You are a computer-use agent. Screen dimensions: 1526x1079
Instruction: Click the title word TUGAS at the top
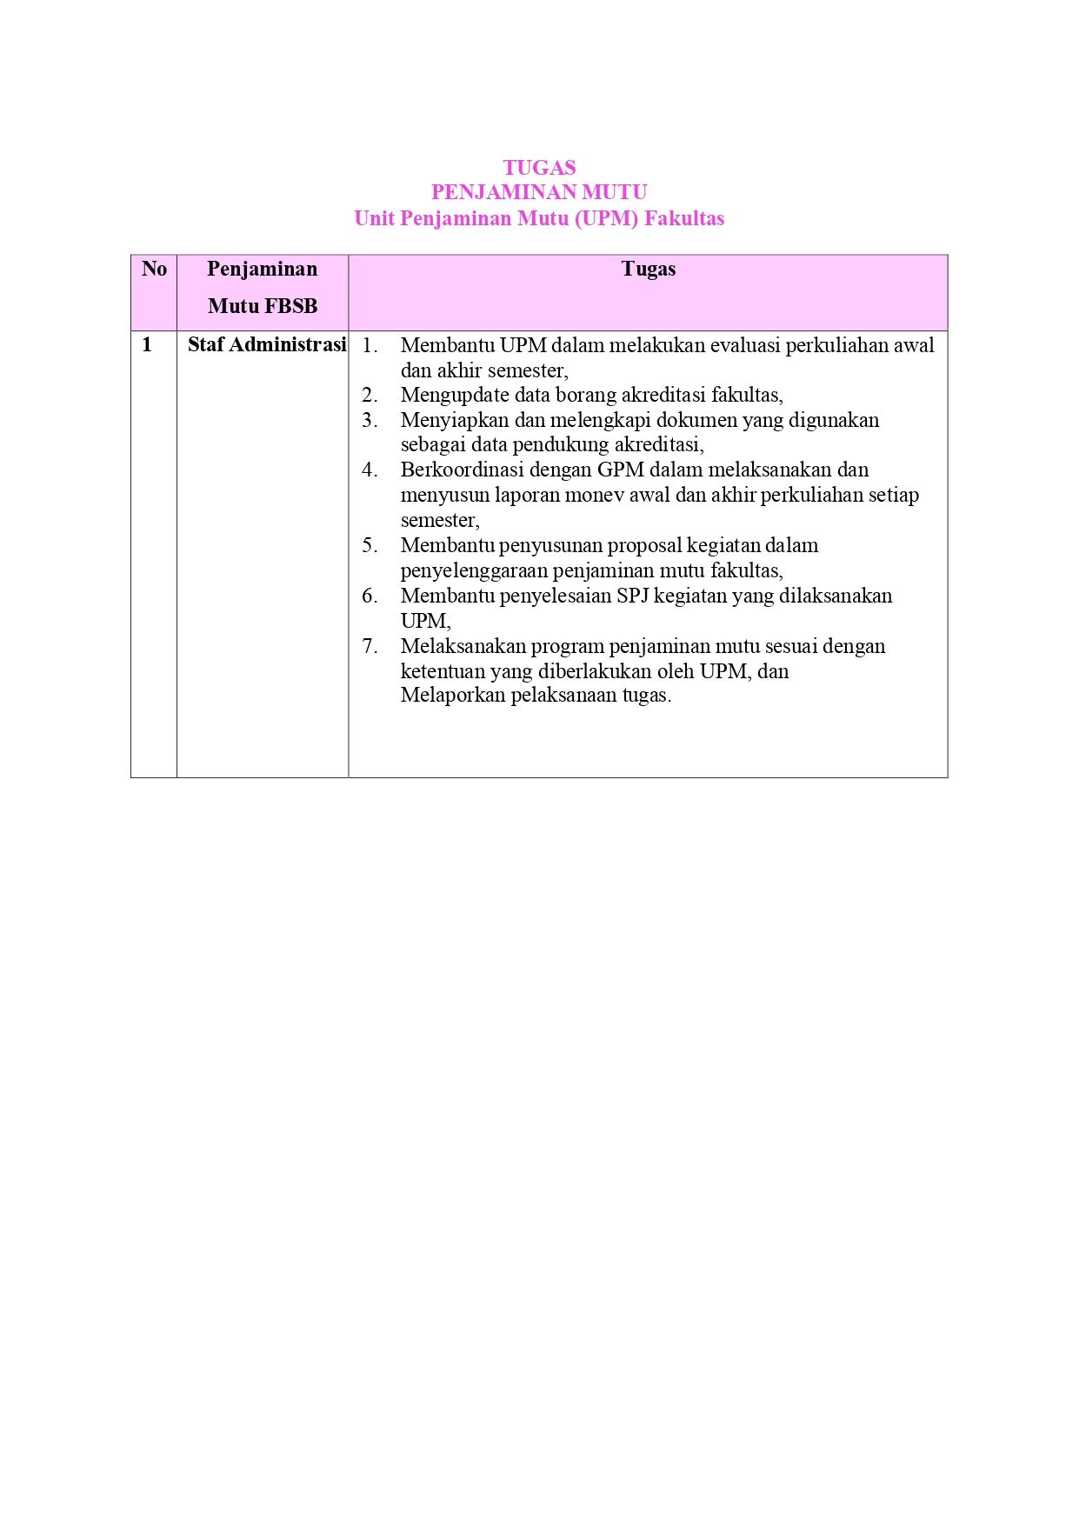tap(539, 168)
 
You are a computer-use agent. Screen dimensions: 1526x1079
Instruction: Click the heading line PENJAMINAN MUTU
tap(539, 192)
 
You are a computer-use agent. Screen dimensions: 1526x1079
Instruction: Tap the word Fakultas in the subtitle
tap(684, 218)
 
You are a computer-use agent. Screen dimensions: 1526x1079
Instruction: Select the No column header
tap(154, 269)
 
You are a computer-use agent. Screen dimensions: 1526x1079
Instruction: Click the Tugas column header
tap(648, 270)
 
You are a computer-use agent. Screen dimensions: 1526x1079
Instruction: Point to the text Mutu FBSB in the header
tap(263, 306)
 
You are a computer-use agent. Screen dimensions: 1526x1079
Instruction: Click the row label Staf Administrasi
tap(267, 344)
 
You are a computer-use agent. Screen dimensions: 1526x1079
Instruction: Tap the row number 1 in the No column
tap(147, 344)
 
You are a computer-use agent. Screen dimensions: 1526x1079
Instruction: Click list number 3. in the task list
tap(370, 421)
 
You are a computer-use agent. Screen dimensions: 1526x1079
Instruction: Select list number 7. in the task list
tap(370, 646)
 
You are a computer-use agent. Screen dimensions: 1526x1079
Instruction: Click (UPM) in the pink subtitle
tap(606, 218)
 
